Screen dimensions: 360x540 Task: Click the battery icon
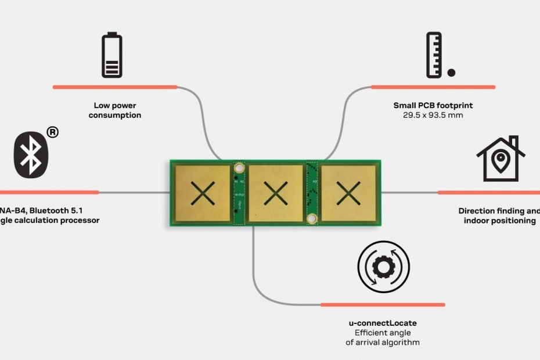pyautogui.click(x=112, y=56)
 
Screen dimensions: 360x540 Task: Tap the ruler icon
pyautogui.click(x=434, y=55)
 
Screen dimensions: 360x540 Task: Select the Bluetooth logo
pyautogui.click(x=30, y=154)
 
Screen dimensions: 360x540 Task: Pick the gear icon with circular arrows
pyautogui.click(x=383, y=268)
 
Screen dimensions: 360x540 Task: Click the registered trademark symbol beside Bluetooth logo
pyautogui.click(x=52, y=132)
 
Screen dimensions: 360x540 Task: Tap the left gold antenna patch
pyautogui.click(x=203, y=193)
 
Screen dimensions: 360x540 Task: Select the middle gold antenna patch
pyautogui.click(x=276, y=193)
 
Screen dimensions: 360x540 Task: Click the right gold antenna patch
pyautogui.click(x=348, y=193)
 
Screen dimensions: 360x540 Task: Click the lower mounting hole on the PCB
pyautogui.click(x=312, y=218)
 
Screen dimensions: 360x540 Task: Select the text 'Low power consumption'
pyautogui.click(x=114, y=110)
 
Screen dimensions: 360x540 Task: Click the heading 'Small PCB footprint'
pyautogui.click(x=433, y=106)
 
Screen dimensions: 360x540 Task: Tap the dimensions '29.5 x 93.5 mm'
pyautogui.click(x=433, y=116)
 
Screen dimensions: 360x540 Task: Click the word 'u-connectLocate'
pyautogui.click(x=383, y=323)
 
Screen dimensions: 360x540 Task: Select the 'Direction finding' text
pyautogui.click(x=498, y=211)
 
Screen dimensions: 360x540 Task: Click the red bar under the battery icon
pyautogui.click(x=114, y=87)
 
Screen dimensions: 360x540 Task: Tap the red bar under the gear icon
pyautogui.click(x=383, y=304)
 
